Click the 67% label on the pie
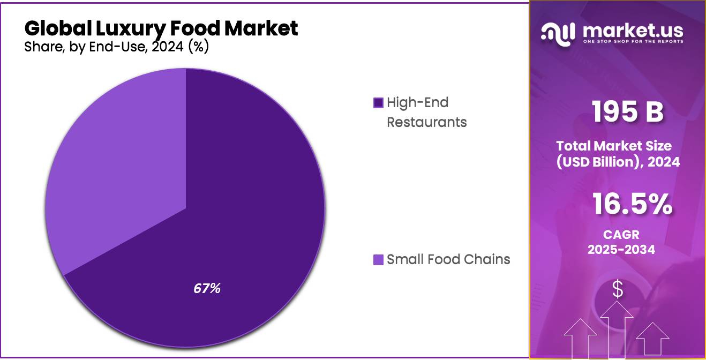207,288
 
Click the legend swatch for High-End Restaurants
378,102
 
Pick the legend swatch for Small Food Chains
378,260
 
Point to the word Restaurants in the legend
426,122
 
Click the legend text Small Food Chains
448,260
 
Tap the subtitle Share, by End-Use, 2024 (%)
116,47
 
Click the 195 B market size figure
627,112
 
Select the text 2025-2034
621,249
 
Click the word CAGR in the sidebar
621,235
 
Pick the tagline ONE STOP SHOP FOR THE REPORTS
633,42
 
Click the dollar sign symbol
618,290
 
